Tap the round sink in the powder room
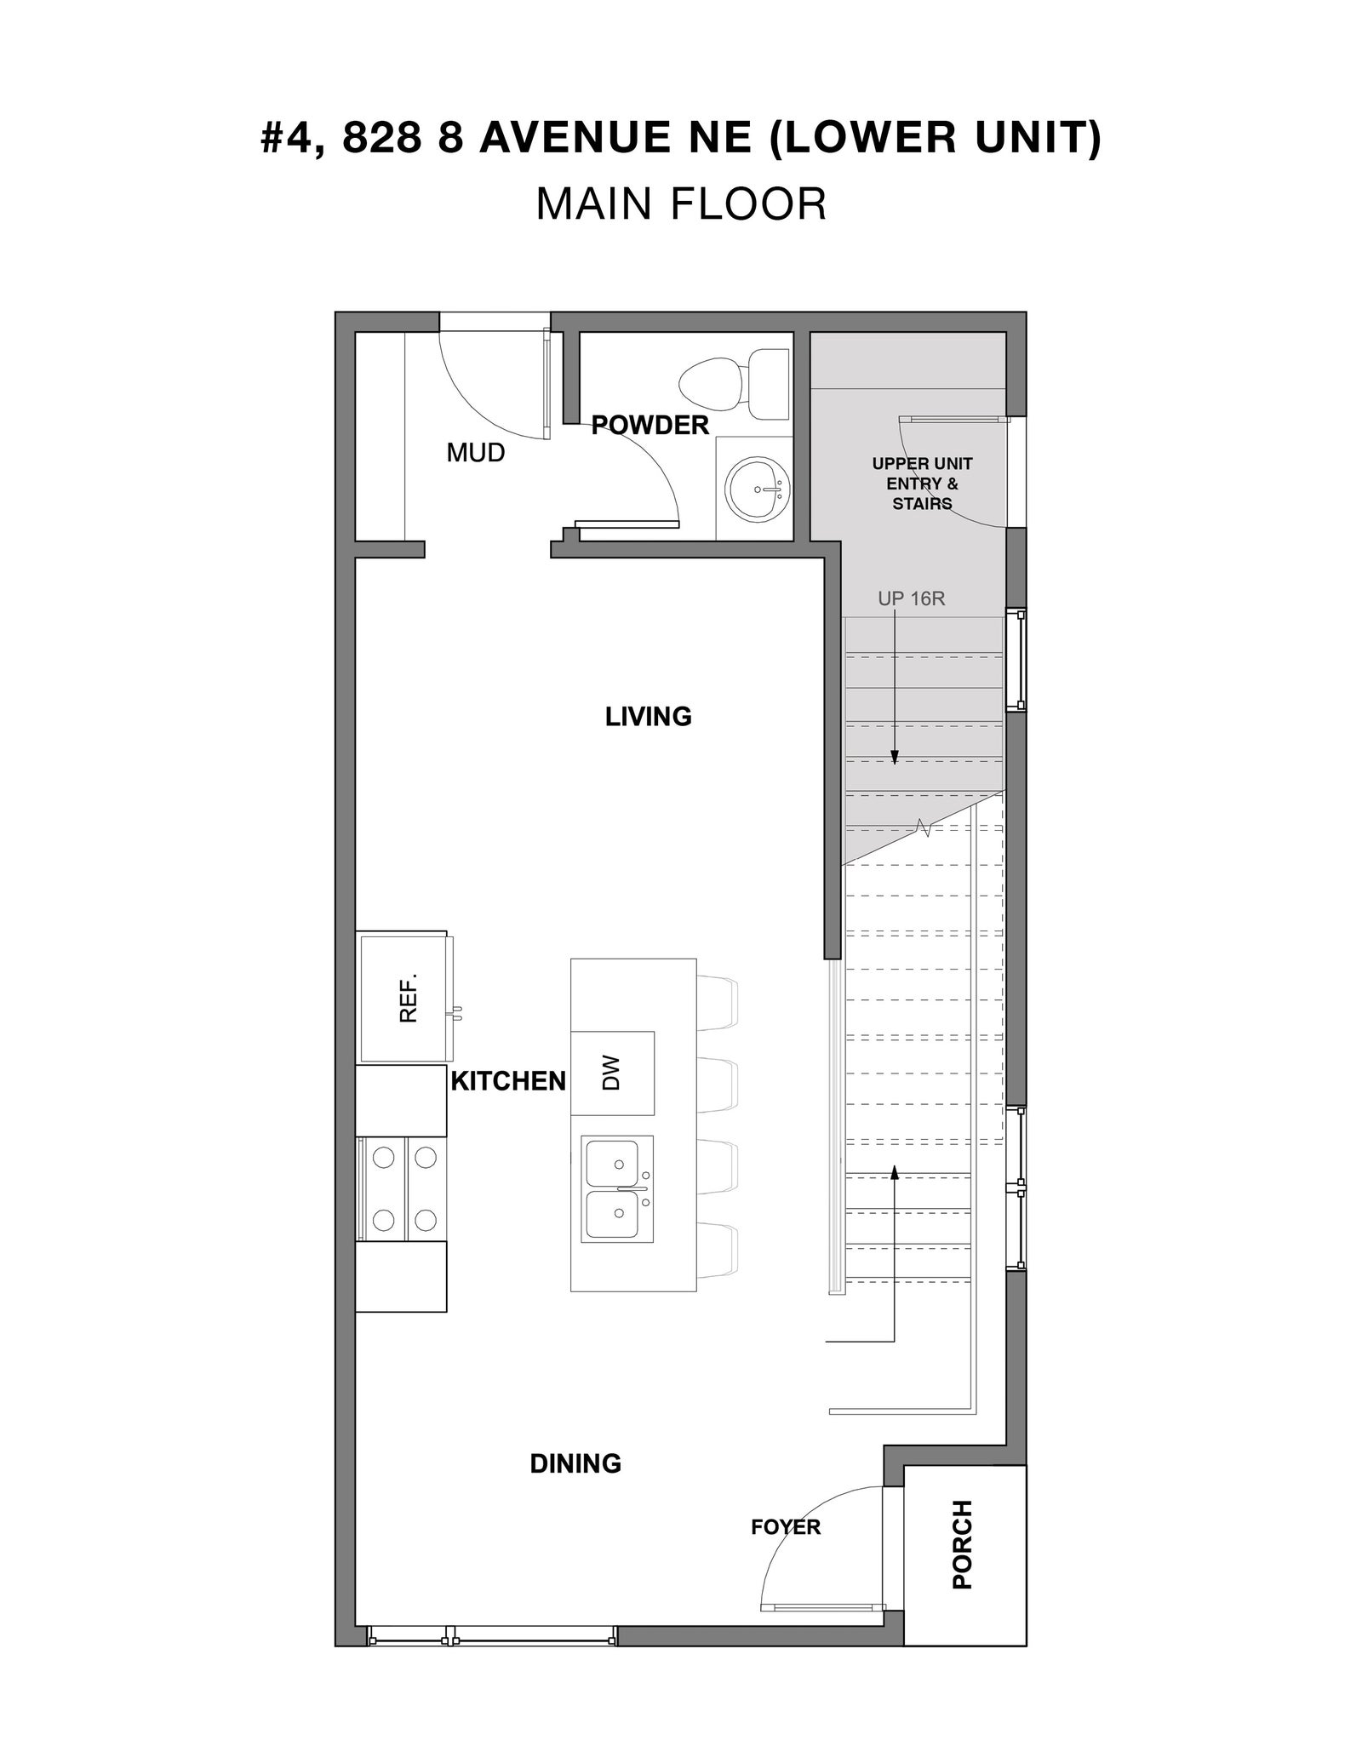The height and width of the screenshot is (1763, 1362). click(757, 489)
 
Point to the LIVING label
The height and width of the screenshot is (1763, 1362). click(649, 717)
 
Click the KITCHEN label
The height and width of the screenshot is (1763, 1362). click(508, 1081)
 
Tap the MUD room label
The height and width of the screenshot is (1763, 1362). click(476, 453)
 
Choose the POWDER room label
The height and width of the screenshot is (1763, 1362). click(650, 425)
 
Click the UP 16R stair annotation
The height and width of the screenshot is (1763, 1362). click(912, 598)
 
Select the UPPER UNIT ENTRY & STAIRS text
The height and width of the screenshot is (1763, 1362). click(922, 484)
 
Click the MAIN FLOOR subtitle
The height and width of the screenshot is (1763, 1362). click(681, 204)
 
